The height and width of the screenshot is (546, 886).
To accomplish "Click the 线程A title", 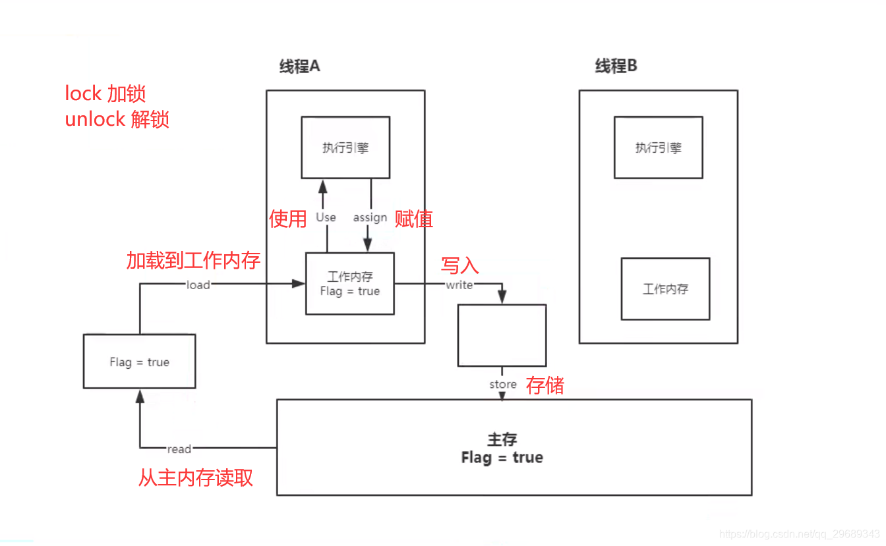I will [x=299, y=67].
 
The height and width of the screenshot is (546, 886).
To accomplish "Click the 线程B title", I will [x=616, y=67].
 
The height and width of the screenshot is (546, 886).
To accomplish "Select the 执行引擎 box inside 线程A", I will [x=345, y=148].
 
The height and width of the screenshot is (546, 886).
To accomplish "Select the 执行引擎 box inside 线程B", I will [x=658, y=148].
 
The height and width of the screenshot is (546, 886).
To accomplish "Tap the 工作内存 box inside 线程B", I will [x=665, y=288].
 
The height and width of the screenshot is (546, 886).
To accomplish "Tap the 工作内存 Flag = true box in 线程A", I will [x=350, y=284].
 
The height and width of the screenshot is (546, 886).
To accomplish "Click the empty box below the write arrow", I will [x=502, y=335].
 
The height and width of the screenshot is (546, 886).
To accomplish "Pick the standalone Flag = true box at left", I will [x=139, y=362].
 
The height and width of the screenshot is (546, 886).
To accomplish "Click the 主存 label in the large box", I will [x=502, y=439].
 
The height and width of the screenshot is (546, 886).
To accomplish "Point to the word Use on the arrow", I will [x=326, y=217].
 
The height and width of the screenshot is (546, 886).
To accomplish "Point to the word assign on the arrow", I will [x=370, y=217].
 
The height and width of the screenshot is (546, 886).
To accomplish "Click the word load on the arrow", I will [x=198, y=285].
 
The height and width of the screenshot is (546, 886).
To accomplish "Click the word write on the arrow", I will [x=459, y=285].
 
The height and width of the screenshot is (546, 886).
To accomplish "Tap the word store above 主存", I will [x=502, y=384].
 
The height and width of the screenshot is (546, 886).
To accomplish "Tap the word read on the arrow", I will [x=179, y=449].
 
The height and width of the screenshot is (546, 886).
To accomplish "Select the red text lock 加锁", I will [x=105, y=94].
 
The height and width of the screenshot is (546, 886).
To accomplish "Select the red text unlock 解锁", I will [x=117, y=119].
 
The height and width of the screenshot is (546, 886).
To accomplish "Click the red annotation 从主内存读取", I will [x=195, y=478].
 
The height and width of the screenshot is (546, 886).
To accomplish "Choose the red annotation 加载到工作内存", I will [x=193, y=261].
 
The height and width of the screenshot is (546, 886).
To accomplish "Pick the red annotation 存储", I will [x=545, y=385].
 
